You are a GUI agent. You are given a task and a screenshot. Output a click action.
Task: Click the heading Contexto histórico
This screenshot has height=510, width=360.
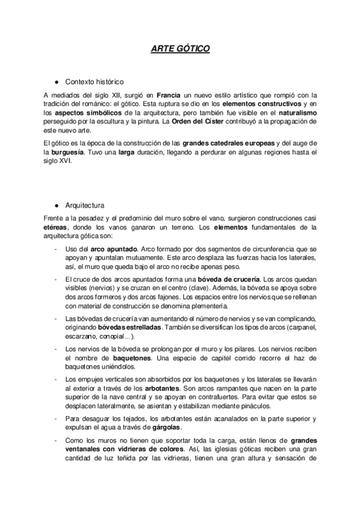pyautogui.click(x=94, y=82)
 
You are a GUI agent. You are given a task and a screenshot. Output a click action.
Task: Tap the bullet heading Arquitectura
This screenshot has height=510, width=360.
pyautogui.click(x=85, y=204)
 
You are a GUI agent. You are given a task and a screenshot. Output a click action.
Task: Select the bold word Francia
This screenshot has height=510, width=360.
pyautogui.click(x=168, y=95)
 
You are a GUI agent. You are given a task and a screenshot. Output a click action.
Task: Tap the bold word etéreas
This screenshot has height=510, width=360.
pyautogui.click(x=56, y=227)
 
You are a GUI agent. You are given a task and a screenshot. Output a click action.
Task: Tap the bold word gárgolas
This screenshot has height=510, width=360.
pyautogui.click(x=165, y=427)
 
